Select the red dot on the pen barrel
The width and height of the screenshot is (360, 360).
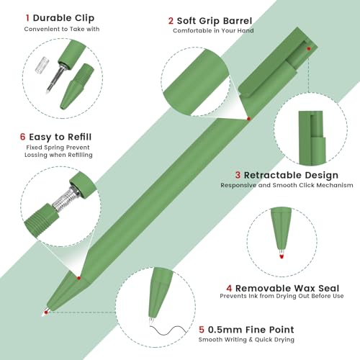tap(248, 119)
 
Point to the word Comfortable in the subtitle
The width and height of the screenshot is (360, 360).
tap(194, 30)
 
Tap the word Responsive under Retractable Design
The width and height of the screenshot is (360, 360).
tap(240, 185)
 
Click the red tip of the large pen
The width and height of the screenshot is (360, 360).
tap(45, 311)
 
